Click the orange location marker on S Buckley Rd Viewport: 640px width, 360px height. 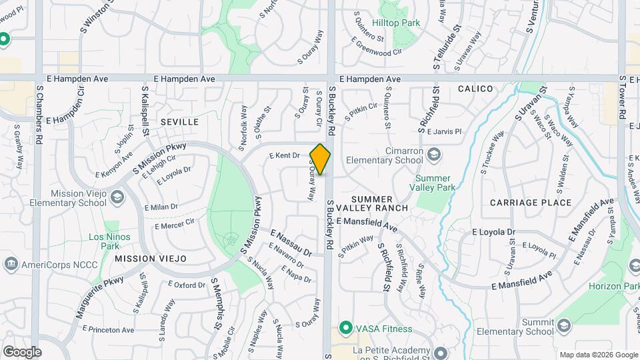click(321, 159)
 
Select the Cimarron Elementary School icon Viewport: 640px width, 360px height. click(434, 155)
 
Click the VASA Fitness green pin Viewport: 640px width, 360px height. click(345, 328)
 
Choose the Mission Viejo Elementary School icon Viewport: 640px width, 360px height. click(117, 197)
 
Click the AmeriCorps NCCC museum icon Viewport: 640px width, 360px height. click(11, 263)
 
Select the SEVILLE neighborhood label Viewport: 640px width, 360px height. click(179, 122)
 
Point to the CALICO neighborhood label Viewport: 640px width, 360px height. click(475, 89)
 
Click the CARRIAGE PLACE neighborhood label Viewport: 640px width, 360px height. click(530, 203)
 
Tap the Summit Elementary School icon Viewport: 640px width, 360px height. click(564, 325)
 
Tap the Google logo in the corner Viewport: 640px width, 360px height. click(22, 351)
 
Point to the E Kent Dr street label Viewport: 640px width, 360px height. click(285, 155)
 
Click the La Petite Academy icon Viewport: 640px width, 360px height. click(440, 352)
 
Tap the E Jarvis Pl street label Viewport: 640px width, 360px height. click(444, 132)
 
